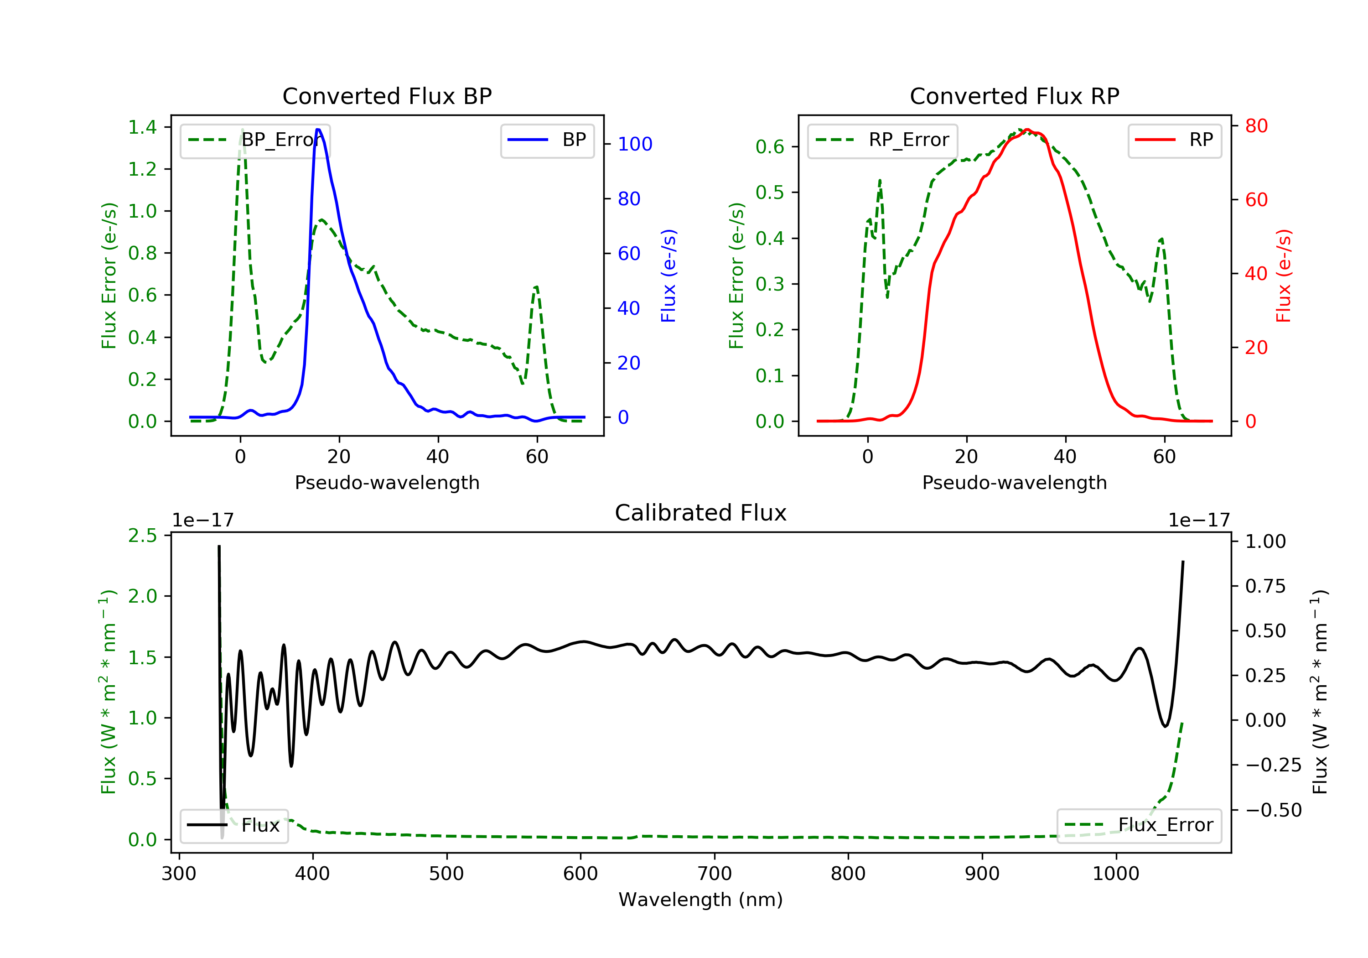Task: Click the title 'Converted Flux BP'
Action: [387, 96]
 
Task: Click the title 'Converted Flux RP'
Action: [1014, 96]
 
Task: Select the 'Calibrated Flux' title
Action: [701, 513]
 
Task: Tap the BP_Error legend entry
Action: [254, 140]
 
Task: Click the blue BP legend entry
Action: [547, 140]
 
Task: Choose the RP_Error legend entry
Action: [882, 140]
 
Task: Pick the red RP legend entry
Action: [1174, 140]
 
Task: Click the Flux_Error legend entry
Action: [1139, 825]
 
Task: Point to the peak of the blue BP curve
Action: [318, 130]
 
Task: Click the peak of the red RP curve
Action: [1027, 130]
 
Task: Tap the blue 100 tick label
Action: [635, 144]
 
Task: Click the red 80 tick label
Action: [1257, 126]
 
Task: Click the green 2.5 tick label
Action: [142, 535]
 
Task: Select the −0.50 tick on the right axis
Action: [1274, 810]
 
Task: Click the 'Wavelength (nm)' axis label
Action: [701, 900]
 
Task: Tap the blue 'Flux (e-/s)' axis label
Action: [668, 276]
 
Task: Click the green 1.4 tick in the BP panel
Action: [142, 127]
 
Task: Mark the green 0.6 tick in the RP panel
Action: [770, 146]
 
